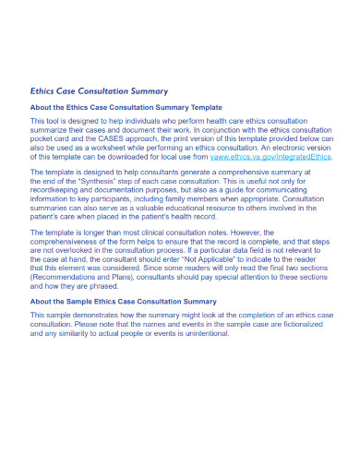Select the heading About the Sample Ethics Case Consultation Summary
[125, 301]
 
